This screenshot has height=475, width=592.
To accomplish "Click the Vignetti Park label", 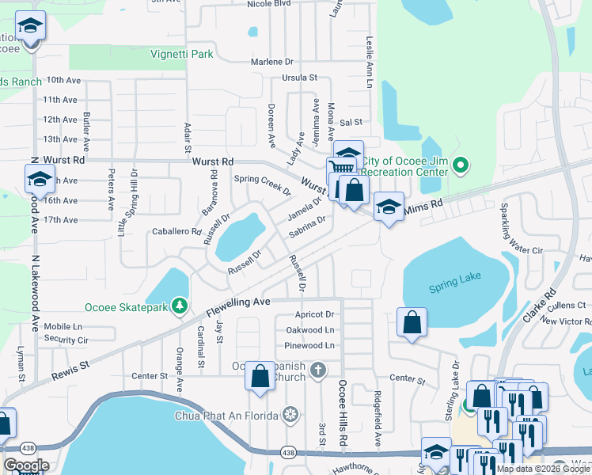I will pos(182,55).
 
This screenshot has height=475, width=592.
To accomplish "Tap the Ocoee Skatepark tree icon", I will pos(180,306).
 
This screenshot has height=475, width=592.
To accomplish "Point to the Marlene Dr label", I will pos(271,62).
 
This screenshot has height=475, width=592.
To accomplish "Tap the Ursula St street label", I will pos(299,78).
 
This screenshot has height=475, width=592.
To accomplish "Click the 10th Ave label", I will pos(63,80).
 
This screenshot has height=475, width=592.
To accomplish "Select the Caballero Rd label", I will pos(176,232).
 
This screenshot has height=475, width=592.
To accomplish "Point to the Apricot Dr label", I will pos(313,314).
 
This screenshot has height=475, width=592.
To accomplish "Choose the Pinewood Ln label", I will pos(309,346).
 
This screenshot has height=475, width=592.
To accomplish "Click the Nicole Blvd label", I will pos(270,4).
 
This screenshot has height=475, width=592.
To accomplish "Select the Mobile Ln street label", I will pos(63,326).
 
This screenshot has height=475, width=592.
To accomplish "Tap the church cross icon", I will pos(318,370).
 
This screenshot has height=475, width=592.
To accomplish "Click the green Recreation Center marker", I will pos(463,166).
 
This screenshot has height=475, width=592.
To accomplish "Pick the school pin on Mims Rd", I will pos(389,207).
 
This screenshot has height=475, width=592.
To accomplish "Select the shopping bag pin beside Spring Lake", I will pos(412,321).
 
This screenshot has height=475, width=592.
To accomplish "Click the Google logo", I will pos(26,465).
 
